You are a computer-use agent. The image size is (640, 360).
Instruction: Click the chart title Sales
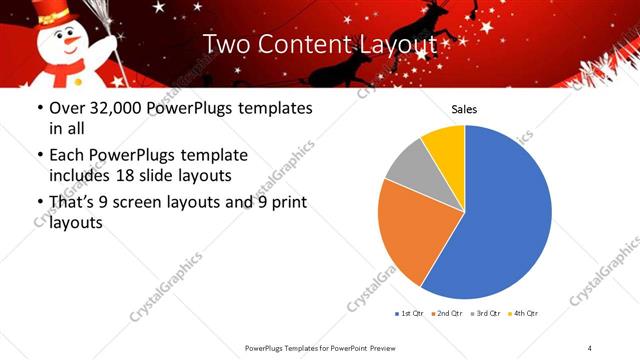click(464, 108)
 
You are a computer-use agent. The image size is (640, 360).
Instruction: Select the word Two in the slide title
click(226, 45)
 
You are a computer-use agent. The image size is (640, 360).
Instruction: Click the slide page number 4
click(590, 347)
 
